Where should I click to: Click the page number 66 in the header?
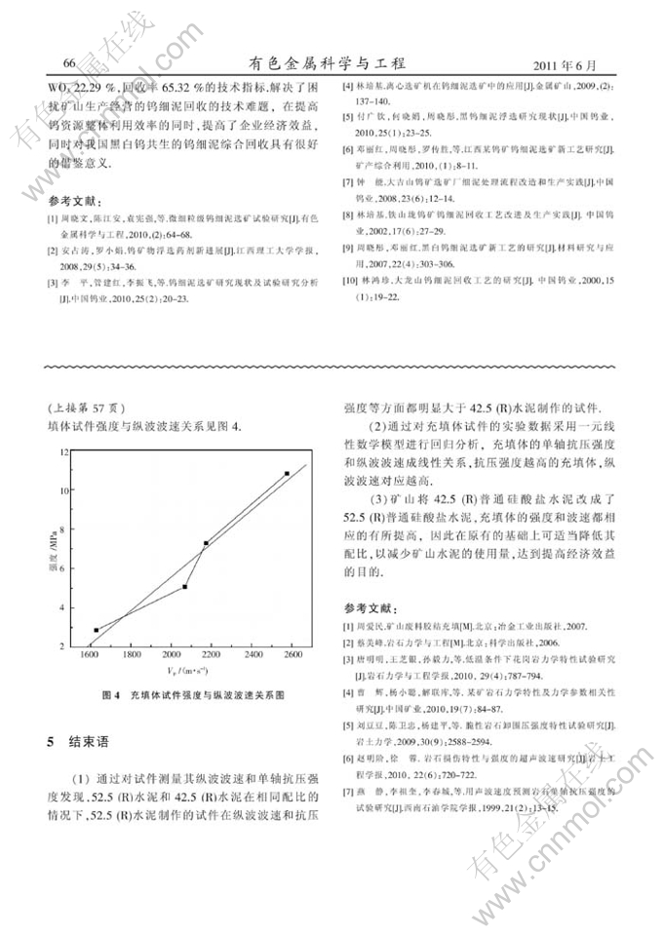(69, 63)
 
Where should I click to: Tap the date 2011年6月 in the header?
(565, 64)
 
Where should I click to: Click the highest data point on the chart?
(287, 474)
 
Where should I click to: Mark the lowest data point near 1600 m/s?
(96, 630)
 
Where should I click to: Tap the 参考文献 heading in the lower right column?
(371, 605)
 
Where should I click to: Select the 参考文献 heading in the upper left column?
(74, 199)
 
